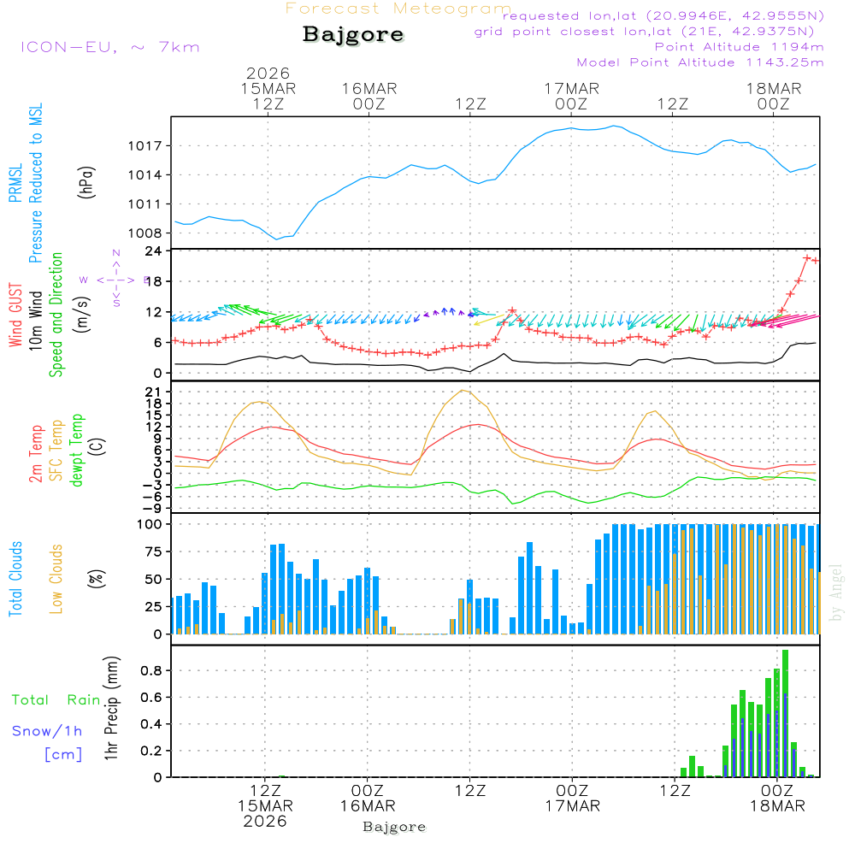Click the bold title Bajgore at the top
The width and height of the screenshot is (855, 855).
click(x=353, y=35)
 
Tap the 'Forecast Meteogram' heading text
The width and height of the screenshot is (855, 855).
click(x=398, y=9)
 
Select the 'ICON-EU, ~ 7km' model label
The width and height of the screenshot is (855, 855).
click(x=109, y=47)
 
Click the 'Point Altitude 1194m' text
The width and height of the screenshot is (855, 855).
click(x=739, y=47)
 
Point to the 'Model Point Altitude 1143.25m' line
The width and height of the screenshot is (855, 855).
click(x=699, y=62)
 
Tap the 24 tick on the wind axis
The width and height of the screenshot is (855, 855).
click(x=154, y=251)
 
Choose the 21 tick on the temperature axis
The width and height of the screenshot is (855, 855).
click(x=154, y=392)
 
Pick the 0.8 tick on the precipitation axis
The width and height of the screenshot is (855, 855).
click(x=151, y=670)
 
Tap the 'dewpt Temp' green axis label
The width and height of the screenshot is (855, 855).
click(x=78, y=451)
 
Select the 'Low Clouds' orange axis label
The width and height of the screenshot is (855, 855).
click(x=57, y=579)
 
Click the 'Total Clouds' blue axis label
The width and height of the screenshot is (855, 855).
click(x=16, y=579)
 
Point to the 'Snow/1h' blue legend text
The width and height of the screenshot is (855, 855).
click(x=47, y=731)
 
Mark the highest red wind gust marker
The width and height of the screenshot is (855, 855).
click(x=807, y=257)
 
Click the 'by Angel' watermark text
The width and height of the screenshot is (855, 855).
click(x=836, y=593)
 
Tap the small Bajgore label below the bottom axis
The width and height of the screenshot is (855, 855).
click(x=394, y=827)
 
